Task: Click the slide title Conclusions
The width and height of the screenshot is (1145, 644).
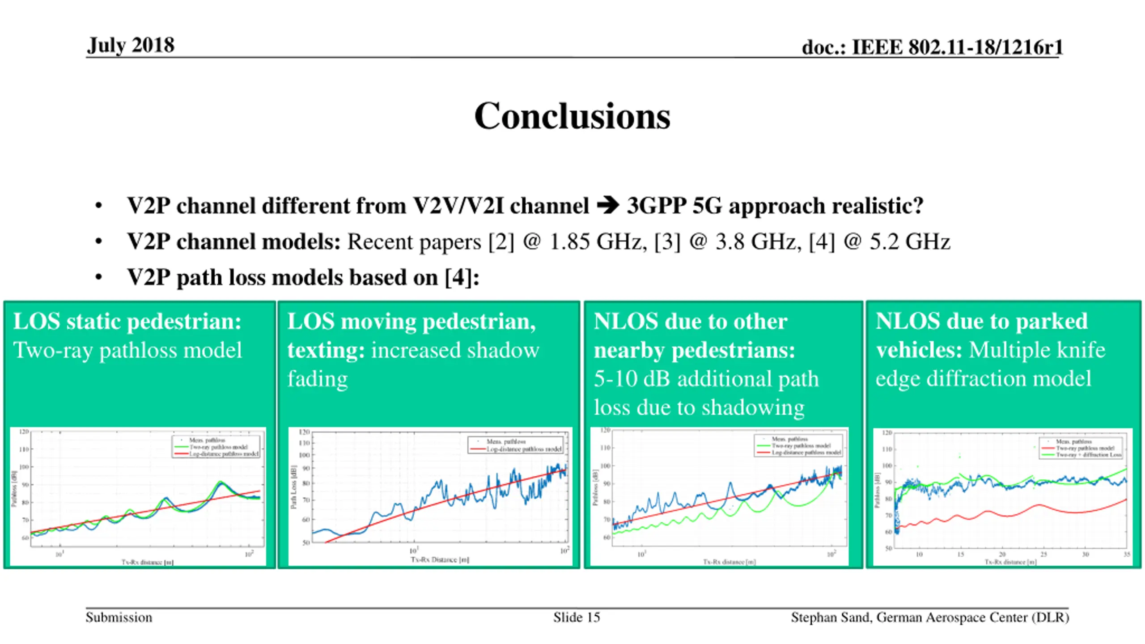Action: pyautogui.click(x=572, y=116)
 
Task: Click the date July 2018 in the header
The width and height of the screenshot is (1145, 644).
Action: pyautogui.click(x=131, y=45)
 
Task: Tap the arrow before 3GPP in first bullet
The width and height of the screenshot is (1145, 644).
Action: pyautogui.click(x=608, y=206)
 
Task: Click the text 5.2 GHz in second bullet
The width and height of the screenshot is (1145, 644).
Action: pyautogui.click(x=909, y=242)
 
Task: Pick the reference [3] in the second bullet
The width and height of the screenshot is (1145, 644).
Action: pyautogui.click(x=667, y=242)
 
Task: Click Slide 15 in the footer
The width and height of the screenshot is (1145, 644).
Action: pyautogui.click(x=576, y=618)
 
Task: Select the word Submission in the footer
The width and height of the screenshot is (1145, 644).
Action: pyautogui.click(x=119, y=618)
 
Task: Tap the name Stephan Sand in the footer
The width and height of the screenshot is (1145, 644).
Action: pyautogui.click(x=831, y=618)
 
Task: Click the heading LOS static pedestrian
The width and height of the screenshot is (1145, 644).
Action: pyautogui.click(x=127, y=322)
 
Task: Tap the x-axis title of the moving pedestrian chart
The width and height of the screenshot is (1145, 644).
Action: pyautogui.click(x=440, y=559)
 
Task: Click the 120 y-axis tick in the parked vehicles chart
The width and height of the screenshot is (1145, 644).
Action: pyautogui.click(x=887, y=433)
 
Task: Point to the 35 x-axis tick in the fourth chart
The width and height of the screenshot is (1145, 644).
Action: pyautogui.click(x=1126, y=555)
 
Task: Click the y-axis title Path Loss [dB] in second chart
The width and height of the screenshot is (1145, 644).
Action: pyautogui.click(x=293, y=487)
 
